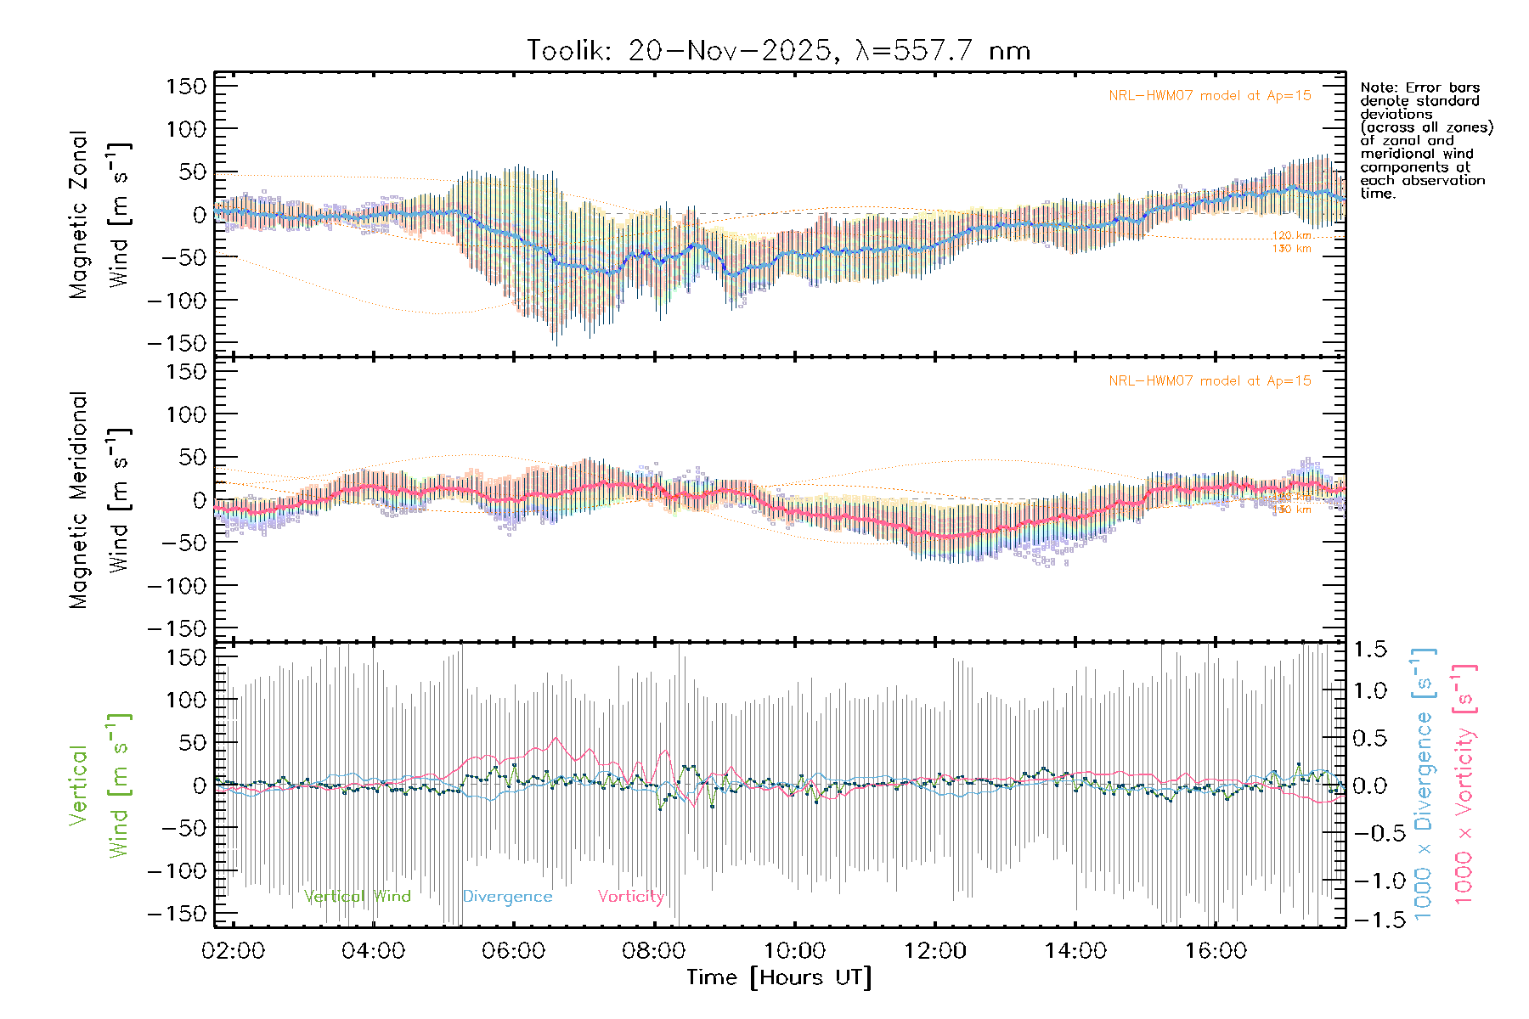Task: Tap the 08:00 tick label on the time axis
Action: (x=653, y=951)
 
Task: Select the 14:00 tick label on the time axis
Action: (x=1075, y=951)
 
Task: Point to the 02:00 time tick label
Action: (x=233, y=951)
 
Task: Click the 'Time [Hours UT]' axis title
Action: (x=779, y=977)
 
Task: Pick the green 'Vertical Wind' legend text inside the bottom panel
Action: (x=357, y=897)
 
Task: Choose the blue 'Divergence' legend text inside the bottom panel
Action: (x=507, y=897)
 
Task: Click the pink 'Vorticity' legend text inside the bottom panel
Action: (x=630, y=897)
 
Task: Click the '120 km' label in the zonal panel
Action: (x=1291, y=235)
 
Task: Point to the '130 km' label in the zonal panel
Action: (x=1291, y=249)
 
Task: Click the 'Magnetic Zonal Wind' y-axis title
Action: (x=99, y=215)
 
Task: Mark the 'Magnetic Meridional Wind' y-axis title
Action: (x=99, y=500)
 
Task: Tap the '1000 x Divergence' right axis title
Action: (x=1424, y=783)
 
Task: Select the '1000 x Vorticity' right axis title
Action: (x=1464, y=783)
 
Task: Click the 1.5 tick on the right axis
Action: (x=1370, y=650)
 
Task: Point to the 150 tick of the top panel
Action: (x=187, y=86)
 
